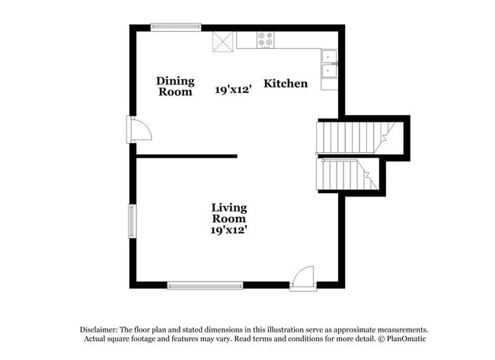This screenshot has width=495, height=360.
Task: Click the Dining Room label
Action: (x=175, y=86)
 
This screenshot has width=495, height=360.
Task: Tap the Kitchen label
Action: (x=286, y=83)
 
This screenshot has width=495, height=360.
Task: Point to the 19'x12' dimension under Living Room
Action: (x=228, y=229)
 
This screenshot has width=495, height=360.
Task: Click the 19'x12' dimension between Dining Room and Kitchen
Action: (x=232, y=89)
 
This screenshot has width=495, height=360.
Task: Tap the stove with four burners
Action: (x=266, y=40)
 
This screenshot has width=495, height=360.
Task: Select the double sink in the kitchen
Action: (x=330, y=64)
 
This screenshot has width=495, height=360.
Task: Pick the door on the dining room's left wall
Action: (x=139, y=129)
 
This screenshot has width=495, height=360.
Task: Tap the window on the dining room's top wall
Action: (x=176, y=27)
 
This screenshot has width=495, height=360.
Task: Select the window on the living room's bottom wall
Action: (x=206, y=285)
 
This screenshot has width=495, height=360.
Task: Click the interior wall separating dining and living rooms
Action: (x=187, y=156)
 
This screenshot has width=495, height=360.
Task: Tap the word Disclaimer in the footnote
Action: (x=104, y=329)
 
